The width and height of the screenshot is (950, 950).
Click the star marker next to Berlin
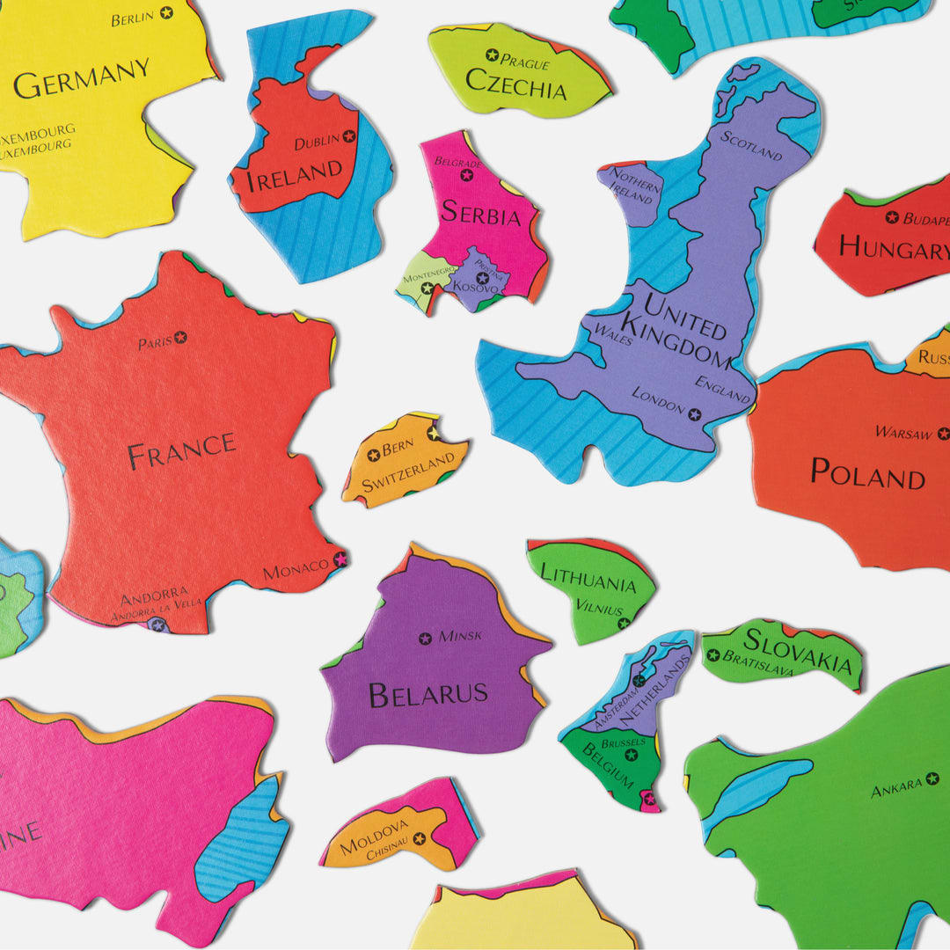[167, 13]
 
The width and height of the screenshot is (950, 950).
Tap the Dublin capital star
[349, 136]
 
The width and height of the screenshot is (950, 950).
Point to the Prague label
[524, 62]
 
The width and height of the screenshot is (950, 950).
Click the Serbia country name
[480, 213]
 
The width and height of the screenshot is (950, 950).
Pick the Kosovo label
[476, 287]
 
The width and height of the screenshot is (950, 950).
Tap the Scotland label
[751, 145]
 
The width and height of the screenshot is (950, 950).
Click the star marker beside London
[695, 414]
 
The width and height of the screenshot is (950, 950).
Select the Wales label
[613, 334]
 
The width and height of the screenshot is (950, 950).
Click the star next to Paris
[180, 337]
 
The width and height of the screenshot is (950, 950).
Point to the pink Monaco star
[340, 559]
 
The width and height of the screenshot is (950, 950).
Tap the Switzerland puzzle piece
[404, 461]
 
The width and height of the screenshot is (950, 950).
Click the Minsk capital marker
[426, 639]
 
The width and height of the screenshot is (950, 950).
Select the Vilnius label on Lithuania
[599, 607]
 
